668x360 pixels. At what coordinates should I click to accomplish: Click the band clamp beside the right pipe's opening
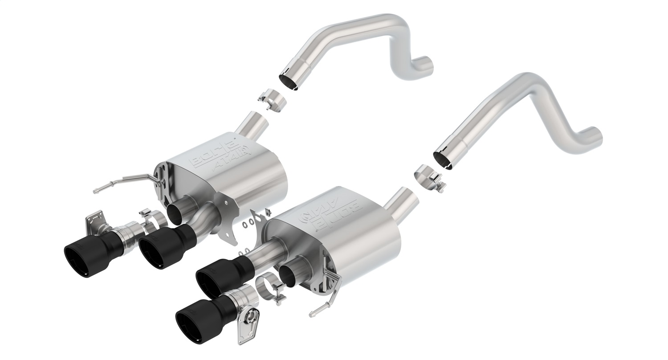pos(428,177)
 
